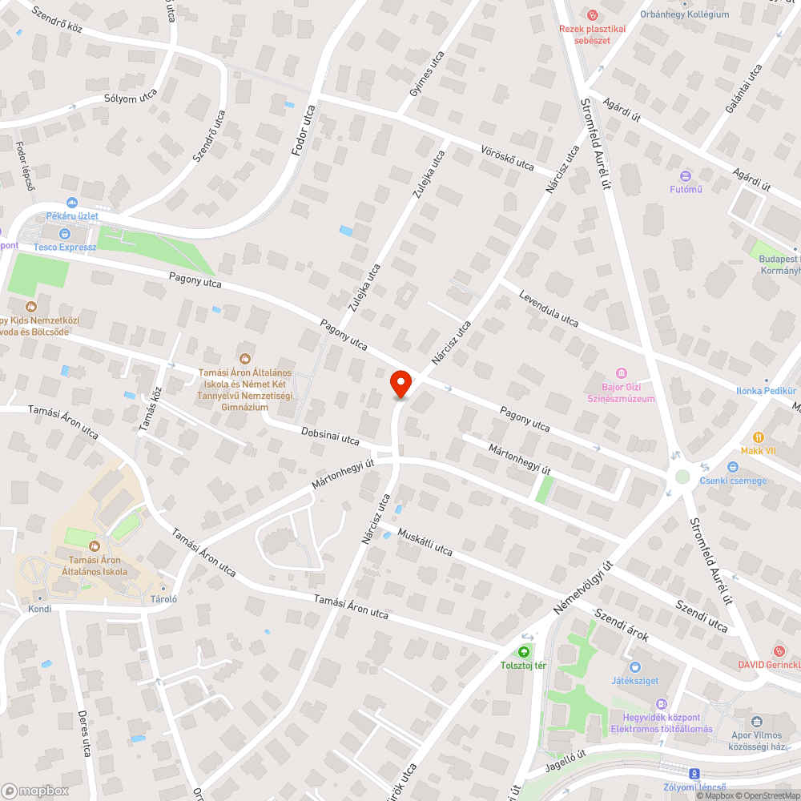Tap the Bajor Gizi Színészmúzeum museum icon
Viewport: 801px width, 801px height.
point(621,373)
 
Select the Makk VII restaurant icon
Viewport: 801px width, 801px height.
point(759,437)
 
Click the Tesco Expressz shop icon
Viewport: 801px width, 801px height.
point(65,234)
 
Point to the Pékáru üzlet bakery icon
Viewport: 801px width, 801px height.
point(72,203)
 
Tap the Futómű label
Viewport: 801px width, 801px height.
point(686,189)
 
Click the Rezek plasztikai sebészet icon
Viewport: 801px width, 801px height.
point(592,14)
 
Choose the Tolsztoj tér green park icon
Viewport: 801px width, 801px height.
point(525,651)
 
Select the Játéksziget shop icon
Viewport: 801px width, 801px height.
point(635,666)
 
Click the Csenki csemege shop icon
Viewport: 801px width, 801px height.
point(732,467)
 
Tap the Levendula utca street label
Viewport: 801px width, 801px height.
point(549,308)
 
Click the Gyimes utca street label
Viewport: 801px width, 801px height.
point(426,74)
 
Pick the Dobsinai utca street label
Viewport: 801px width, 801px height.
point(330,435)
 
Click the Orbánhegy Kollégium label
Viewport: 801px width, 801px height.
point(684,14)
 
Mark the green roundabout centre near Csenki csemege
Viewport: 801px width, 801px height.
point(682,477)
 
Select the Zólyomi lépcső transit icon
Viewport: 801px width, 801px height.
point(694,774)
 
